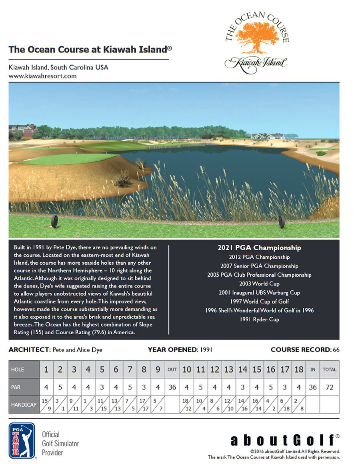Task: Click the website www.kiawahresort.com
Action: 42,76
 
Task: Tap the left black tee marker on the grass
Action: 54,221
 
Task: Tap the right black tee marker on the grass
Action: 281,222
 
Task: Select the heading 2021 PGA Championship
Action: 259,248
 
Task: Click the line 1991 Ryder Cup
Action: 259,319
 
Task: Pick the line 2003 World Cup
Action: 259,283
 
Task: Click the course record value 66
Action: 336,350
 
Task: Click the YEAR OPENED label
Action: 172,350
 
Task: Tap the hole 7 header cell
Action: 130,369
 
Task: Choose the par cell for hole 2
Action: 60,387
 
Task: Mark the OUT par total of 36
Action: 172,387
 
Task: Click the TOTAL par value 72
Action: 329,387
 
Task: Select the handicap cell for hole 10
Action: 186,405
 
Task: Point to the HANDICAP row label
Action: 24,405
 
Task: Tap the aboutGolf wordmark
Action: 282,441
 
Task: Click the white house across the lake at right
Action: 267,136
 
